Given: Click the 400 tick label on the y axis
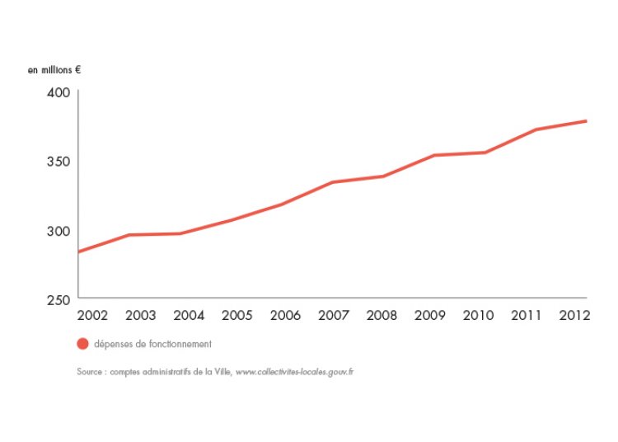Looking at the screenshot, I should click(58, 92).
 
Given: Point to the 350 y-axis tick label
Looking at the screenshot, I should click(58, 161).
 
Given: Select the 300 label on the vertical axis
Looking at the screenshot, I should click(58, 230).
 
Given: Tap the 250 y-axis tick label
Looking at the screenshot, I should click(58, 299).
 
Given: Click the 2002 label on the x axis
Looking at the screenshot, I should click(91, 315).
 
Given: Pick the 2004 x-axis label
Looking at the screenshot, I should click(189, 315).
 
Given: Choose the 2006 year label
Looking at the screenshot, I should click(286, 315).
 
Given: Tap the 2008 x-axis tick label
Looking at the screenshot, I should click(382, 315).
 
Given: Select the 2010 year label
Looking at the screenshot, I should click(479, 315).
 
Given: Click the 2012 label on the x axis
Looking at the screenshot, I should click(574, 315).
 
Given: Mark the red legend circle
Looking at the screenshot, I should click(82, 344).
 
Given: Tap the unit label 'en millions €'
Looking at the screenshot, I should click(54, 70).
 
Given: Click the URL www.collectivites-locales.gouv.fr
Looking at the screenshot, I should click(294, 372).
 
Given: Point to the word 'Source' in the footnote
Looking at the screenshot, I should click(90, 372).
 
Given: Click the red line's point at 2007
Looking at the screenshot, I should click(332, 182).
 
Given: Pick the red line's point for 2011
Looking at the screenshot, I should click(536, 129).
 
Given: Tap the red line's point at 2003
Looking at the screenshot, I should click(129, 235).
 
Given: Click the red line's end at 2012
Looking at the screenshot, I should click(586, 121).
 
